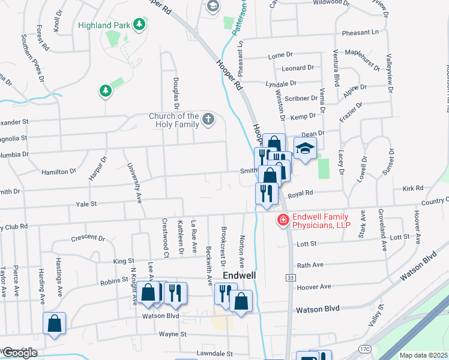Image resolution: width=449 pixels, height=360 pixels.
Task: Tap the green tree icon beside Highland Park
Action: point(139,25)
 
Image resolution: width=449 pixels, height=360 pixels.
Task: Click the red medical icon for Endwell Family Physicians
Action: point(282,221)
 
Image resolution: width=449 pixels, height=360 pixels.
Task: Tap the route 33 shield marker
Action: point(291,277)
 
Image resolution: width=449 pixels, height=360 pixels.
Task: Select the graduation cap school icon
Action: point(305,148)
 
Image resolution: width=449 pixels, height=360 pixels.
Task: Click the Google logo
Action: point(19,353)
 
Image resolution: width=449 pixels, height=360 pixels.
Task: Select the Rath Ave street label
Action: point(310,265)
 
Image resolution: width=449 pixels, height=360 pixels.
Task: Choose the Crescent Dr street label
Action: point(88,238)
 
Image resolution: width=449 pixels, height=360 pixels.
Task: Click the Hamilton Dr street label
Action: point(59,172)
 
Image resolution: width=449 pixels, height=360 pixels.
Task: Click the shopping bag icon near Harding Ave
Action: point(54,323)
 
